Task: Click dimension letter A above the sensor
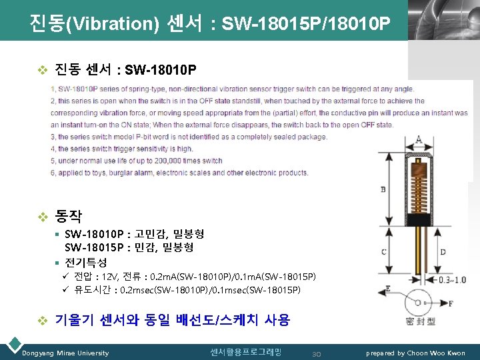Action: (x=418, y=139)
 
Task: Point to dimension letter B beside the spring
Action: (x=382, y=190)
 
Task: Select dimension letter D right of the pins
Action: (x=443, y=252)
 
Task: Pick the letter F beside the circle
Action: (x=451, y=303)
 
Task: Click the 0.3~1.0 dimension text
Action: (x=453, y=280)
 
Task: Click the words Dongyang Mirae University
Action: (x=65, y=353)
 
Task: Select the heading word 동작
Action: (x=69, y=216)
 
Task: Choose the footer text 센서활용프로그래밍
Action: (x=245, y=351)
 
